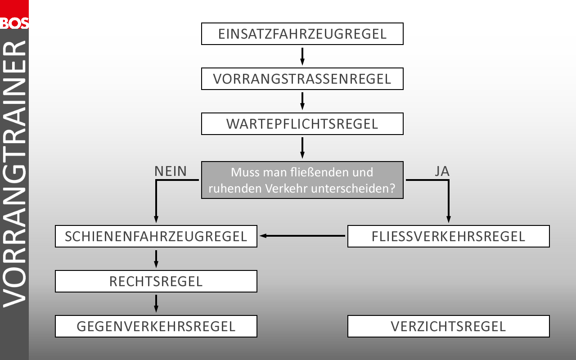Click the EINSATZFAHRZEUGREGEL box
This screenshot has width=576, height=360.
[x=302, y=34]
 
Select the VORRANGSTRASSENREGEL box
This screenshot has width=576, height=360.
[x=302, y=79]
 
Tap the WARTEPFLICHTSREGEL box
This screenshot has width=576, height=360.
[x=302, y=124]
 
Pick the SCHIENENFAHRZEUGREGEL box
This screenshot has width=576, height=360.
[x=156, y=236]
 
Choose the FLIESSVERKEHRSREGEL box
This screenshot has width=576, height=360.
[x=448, y=236]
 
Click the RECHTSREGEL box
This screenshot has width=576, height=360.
[x=156, y=281]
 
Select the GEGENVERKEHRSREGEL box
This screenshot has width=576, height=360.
[x=156, y=326]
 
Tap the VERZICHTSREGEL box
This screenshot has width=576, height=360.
[x=448, y=326]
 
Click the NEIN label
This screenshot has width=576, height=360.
[x=170, y=171]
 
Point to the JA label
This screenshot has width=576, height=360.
[x=442, y=171]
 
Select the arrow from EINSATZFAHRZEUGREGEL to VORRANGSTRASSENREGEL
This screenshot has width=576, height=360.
[x=302, y=56]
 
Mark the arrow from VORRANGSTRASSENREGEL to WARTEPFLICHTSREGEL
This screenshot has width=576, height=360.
[x=302, y=101]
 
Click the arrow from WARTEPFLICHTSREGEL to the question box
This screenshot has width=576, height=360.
[x=302, y=148]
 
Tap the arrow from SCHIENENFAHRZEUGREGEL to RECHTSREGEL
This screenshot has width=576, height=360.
[x=156, y=258]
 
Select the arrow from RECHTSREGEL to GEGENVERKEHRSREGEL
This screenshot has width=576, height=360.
[x=156, y=303]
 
